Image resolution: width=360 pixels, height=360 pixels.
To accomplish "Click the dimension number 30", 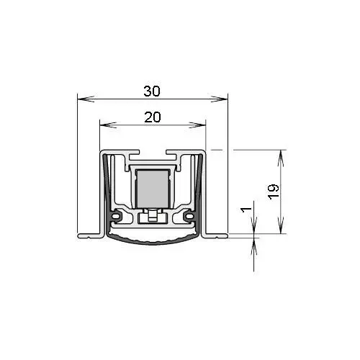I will pyautogui.click(x=151, y=91).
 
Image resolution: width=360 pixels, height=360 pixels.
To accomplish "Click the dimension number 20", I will pyautogui.click(x=151, y=116).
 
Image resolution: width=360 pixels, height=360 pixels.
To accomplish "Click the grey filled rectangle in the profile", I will pyautogui.click(x=151, y=187).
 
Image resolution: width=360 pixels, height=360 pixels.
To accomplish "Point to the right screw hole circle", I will pyautogui.click(x=189, y=215).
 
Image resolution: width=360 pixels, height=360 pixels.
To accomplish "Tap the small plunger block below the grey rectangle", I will pyautogui.click(x=151, y=215).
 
